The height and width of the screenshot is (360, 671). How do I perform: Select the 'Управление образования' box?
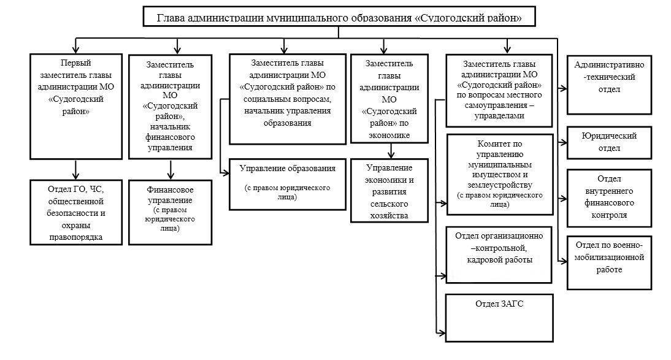[x=288, y=183]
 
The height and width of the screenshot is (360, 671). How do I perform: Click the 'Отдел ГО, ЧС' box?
[x=76, y=211]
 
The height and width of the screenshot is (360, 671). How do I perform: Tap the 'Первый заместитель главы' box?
[x=76, y=106]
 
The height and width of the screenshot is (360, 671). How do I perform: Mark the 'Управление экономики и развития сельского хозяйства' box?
[x=388, y=191]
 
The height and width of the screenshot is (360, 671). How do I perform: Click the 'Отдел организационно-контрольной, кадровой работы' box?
[x=499, y=254]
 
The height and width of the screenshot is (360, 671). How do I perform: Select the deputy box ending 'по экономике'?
[x=388, y=98]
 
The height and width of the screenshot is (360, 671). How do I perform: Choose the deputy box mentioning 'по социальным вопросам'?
[x=288, y=98]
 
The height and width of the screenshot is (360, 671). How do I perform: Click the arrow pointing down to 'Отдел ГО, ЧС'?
[x=76, y=169]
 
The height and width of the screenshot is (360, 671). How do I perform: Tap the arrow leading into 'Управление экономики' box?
[x=389, y=151]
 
